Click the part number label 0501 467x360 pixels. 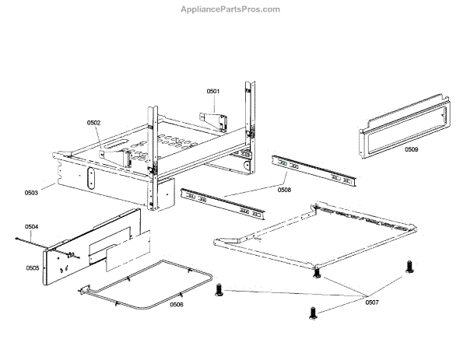pyautogui.click(x=213, y=91)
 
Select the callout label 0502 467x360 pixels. pyautogui.click(x=93, y=122)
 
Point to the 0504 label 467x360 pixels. pyautogui.click(x=31, y=227)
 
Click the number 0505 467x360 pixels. pyautogui.click(x=32, y=267)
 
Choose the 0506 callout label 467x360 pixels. pyautogui.click(x=177, y=305)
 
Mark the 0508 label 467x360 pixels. pyautogui.click(x=284, y=188)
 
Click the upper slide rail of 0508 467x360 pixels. pyautogui.click(x=314, y=171)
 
